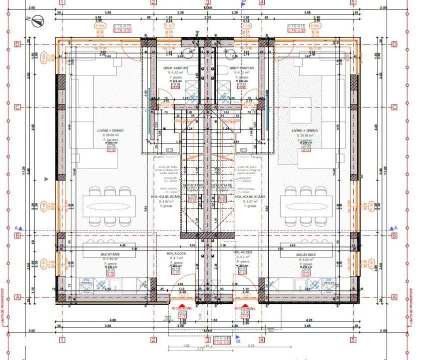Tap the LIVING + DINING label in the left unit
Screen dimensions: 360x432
click(110, 130)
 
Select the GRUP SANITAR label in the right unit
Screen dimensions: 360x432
click(241, 67)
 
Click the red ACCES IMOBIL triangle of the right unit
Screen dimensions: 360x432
click(247, 306)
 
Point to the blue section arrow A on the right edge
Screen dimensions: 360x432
click(393, 228)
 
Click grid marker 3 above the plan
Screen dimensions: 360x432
click(207, 2)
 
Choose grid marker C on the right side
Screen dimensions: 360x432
click(394, 107)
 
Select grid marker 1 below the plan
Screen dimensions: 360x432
click(62, 339)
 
